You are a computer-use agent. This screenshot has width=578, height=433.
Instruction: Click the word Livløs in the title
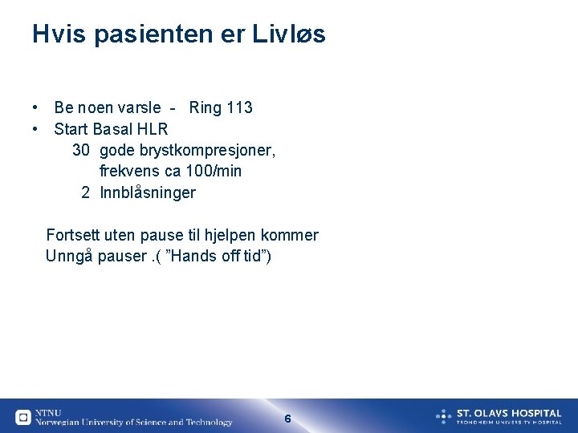click(289, 34)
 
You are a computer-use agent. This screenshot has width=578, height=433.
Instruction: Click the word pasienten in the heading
click(169, 34)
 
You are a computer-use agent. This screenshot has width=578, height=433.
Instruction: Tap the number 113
click(239, 107)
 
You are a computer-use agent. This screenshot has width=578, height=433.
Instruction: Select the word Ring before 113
click(206, 107)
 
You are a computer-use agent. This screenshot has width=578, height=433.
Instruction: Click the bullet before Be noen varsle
click(36, 107)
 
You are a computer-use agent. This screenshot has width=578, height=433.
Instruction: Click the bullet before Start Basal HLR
click(36, 129)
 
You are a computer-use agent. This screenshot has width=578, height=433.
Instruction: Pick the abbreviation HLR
click(153, 129)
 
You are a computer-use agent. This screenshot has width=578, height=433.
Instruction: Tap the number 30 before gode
click(81, 150)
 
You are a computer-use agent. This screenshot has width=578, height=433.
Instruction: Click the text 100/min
click(214, 172)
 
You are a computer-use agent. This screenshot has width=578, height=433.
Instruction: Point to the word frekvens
click(129, 172)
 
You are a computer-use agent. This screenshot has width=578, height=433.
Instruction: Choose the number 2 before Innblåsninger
click(86, 193)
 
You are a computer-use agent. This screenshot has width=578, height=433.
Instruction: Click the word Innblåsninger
click(148, 193)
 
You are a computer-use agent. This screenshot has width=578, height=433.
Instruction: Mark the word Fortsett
click(74, 236)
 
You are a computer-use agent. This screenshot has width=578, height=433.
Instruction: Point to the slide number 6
click(288, 419)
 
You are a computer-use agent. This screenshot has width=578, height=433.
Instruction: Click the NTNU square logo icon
click(23, 417)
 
